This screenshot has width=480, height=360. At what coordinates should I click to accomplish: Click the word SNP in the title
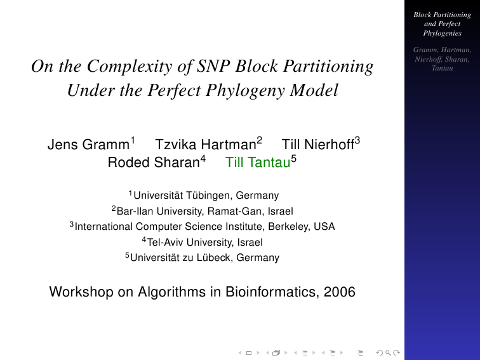(213, 66)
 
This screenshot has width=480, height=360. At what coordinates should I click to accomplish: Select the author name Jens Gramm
(88, 145)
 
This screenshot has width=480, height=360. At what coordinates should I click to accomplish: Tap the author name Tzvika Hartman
(206, 145)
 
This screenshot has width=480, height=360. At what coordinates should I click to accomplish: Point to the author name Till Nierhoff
(317, 145)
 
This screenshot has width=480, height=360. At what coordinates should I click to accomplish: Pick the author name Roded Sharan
(154, 163)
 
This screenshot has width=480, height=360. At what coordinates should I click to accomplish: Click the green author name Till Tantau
(258, 163)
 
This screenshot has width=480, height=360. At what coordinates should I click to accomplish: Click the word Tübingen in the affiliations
(208, 196)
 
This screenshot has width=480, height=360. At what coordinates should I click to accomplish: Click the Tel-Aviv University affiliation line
(202, 242)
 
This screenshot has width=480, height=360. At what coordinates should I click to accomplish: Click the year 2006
(340, 291)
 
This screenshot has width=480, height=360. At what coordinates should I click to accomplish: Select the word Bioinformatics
(270, 291)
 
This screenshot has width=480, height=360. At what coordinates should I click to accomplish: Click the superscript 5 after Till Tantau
(293, 159)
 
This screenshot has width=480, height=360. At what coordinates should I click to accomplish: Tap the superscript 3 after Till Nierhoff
(357, 141)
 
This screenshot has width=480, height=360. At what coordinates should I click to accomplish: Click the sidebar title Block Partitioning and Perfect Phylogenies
(442, 24)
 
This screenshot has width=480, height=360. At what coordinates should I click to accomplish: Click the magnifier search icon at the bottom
(388, 352)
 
